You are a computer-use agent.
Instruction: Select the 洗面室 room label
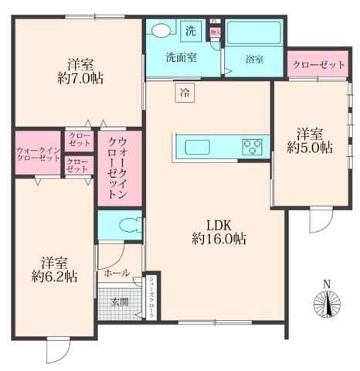pyautogui.click(x=182, y=57)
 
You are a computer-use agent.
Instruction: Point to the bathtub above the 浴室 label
pyautogui.click(x=253, y=34)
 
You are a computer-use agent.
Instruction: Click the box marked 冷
pyautogui.click(x=185, y=93)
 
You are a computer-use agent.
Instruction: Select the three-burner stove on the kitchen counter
pyautogui.click(x=253, y=145)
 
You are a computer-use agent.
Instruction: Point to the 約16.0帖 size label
pyautogui.click(x=219, y=240)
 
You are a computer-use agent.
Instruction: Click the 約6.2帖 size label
pyautogui.click(x=54, y=274)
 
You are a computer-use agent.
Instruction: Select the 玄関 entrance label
pyautogui.click(x=119, y=301)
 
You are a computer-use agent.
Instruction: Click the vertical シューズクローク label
pyautogui.click(x=153, y=298)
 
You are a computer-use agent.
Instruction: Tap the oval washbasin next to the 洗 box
pyautogui.click(x=161, y=31)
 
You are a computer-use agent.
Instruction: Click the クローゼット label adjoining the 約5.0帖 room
pyautogui.click(x=318, y=66)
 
